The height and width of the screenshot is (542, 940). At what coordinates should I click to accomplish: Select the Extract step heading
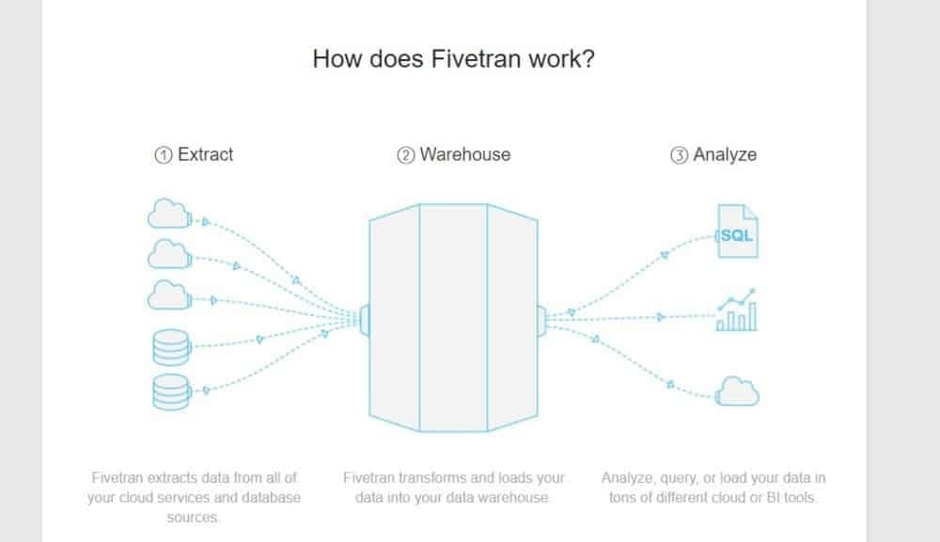coord(206,154)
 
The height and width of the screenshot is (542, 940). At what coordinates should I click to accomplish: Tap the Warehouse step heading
coord(465,154)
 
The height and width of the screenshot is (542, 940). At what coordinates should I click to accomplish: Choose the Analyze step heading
coord(725,154)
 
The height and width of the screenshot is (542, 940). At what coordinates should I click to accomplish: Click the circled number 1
coord(164,155)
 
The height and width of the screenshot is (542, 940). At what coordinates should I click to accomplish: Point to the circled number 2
coord(406,155)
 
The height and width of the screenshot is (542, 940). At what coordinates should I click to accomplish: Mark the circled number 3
coord(679,155)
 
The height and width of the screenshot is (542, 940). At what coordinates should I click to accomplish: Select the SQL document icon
coord(737,232)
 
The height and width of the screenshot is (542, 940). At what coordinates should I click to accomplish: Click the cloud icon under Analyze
coord(738,390)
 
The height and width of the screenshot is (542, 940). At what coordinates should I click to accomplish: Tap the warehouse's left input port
coord(365,319)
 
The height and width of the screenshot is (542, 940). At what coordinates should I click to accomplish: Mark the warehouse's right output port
coord(541,319)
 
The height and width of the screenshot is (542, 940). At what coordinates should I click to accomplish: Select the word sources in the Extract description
coord(194,517)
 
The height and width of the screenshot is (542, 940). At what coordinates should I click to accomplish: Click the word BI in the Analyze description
coord(749,498)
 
